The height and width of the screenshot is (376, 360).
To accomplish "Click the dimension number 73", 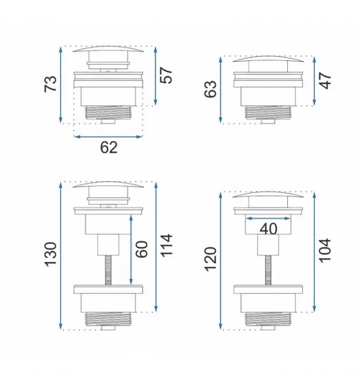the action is (x=51, y=84).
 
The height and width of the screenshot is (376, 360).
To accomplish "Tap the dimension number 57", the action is (x=166, y=75).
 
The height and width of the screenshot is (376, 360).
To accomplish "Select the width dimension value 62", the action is (x=109, y=147).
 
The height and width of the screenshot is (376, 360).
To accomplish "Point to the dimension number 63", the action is (x=211, y=89).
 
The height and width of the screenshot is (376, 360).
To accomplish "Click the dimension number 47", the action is (x=326, y=81).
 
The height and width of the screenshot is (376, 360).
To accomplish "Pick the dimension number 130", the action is (x=51, y=254).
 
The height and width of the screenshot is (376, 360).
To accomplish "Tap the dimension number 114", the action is (x=166, y=246).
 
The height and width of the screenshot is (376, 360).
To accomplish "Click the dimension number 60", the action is (x=142, y=249).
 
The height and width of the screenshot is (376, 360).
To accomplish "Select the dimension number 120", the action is (x=211, y=259).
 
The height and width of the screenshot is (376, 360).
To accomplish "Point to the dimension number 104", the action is (x=326, y=250).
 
